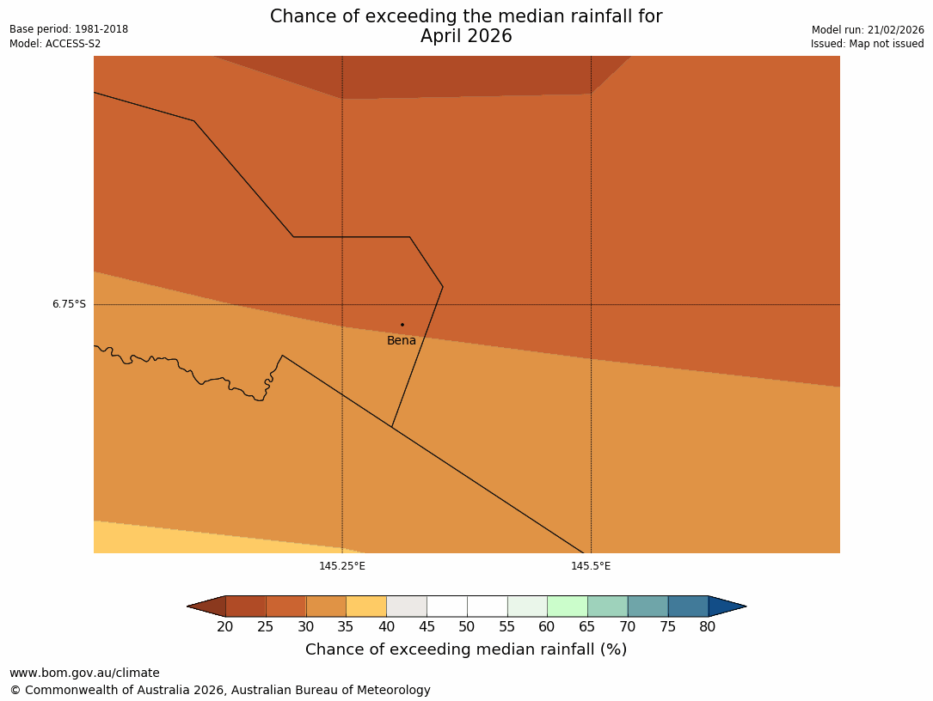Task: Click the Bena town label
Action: point(402,341)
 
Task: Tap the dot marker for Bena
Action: point(402,325)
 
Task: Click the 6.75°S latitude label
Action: point(69,304)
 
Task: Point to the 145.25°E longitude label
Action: point(342,566)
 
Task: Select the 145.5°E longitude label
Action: point(591,566)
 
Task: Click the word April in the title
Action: point(443,37)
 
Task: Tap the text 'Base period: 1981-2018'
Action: point(69,29)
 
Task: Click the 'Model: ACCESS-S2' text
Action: point(55,44)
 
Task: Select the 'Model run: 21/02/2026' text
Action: point(868,30)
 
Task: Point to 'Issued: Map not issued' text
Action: point(867,44)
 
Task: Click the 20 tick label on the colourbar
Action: point(225,627)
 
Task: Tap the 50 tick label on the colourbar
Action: point(467,627)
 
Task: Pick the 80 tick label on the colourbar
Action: point(708,627)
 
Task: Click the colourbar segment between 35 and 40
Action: point(366,607)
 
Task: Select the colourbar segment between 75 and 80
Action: point(688,607)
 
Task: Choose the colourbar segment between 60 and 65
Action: point(568,607)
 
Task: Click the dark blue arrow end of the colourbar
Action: point(727,607)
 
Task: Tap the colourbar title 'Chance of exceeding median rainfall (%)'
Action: point(466,649)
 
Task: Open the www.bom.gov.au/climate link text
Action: point(84,674)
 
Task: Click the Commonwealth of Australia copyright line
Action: point(220,691)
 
